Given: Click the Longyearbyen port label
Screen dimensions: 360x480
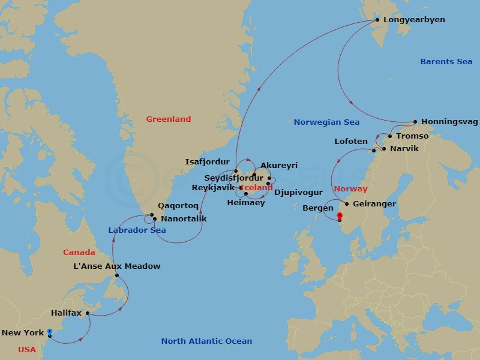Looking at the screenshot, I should pos(414,20).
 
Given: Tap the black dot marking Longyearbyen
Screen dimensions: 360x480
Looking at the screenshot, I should pos(377,20).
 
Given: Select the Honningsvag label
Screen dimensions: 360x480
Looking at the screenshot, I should pos(449,122).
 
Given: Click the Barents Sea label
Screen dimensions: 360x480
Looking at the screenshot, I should pos(446,62).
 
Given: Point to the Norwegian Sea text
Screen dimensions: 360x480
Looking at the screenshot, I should pos(326,122).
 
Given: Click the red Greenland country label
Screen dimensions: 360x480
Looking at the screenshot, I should pos(169,119).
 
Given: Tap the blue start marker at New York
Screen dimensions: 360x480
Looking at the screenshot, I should pos(50,331).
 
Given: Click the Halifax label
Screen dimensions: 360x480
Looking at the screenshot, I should pos(66,313).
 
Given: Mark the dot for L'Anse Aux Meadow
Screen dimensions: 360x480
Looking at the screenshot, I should pos(117,276).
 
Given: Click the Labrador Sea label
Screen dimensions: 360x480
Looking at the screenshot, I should pos(137,230).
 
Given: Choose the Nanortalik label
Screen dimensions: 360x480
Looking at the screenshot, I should pos(184,219).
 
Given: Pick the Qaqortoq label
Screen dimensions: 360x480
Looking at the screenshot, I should pos(178,205).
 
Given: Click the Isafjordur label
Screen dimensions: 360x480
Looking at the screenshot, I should pos(208,162).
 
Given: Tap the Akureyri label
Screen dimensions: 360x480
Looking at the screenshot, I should pos(279,166).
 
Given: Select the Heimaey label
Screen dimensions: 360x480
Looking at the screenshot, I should pos(245,203).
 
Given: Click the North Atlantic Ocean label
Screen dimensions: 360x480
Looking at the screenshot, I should pos(206,341).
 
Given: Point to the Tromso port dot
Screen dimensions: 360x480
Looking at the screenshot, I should pos(390,136).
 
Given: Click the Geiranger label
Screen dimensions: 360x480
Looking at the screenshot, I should pos(374,204).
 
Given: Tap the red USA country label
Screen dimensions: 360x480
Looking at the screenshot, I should pos(26,350).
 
